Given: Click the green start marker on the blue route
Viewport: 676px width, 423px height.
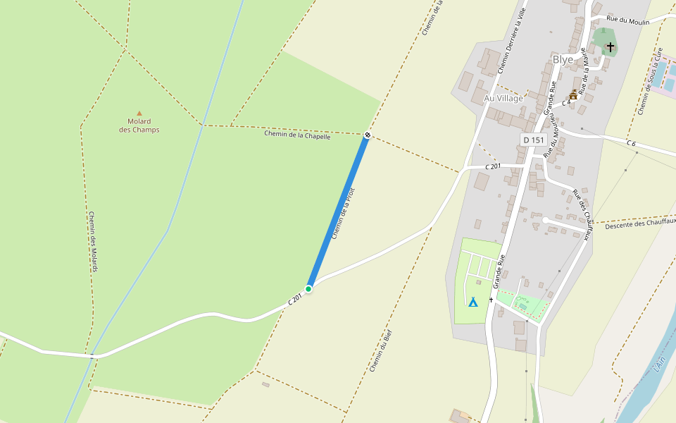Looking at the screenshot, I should [x=308, y=289].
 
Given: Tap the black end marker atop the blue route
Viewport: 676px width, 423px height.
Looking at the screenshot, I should [x=368, y=135].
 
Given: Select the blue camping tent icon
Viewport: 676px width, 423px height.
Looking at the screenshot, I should [x=473, y=302].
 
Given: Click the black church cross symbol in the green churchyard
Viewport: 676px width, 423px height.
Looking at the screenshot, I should [x=610, y=47].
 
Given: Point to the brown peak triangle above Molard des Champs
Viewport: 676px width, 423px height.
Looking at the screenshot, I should [x=139, y=113].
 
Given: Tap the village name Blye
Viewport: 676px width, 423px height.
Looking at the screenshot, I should [x=563, y=60].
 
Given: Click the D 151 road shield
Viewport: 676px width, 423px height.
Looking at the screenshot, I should [x=534, y=140].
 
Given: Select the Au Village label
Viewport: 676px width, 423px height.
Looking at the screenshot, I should [x=503, y=99].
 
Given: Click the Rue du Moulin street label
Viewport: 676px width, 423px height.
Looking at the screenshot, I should [x=628, y=20].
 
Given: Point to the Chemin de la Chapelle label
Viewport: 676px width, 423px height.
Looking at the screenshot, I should [x=297, y=135].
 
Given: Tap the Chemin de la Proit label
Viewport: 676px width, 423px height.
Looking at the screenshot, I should [x=343, y=213].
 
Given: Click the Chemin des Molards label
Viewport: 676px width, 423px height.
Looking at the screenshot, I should [x=92, y=241].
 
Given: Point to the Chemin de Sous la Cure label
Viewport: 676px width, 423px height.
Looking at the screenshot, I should [x=650, y=82].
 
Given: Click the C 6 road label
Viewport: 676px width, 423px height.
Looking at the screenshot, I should [x=631, y=143].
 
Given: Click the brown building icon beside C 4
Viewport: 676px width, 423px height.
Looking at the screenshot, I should [x=573, y=95].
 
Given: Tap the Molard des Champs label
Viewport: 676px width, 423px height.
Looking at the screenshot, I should [x=139, y=125].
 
